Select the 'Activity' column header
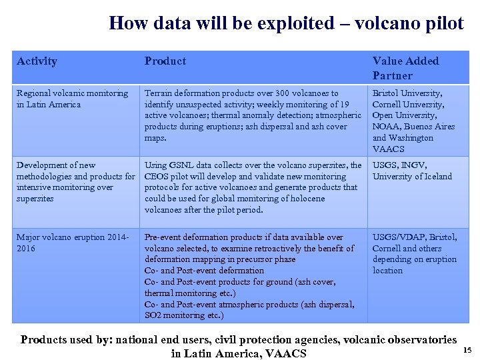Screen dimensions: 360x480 pos(37,61)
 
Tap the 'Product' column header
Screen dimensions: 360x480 pos(165,61)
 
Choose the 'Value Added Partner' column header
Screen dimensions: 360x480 pos(405,68)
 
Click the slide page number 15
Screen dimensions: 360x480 pos(467,350)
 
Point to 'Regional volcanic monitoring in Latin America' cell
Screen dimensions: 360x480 pos(72,99)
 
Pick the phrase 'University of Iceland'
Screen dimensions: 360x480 pos(412,177)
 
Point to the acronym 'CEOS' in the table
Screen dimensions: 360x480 pos(157,177)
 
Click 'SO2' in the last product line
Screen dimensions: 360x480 pos(153,315)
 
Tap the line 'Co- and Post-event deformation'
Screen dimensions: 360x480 pos(204,271)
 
